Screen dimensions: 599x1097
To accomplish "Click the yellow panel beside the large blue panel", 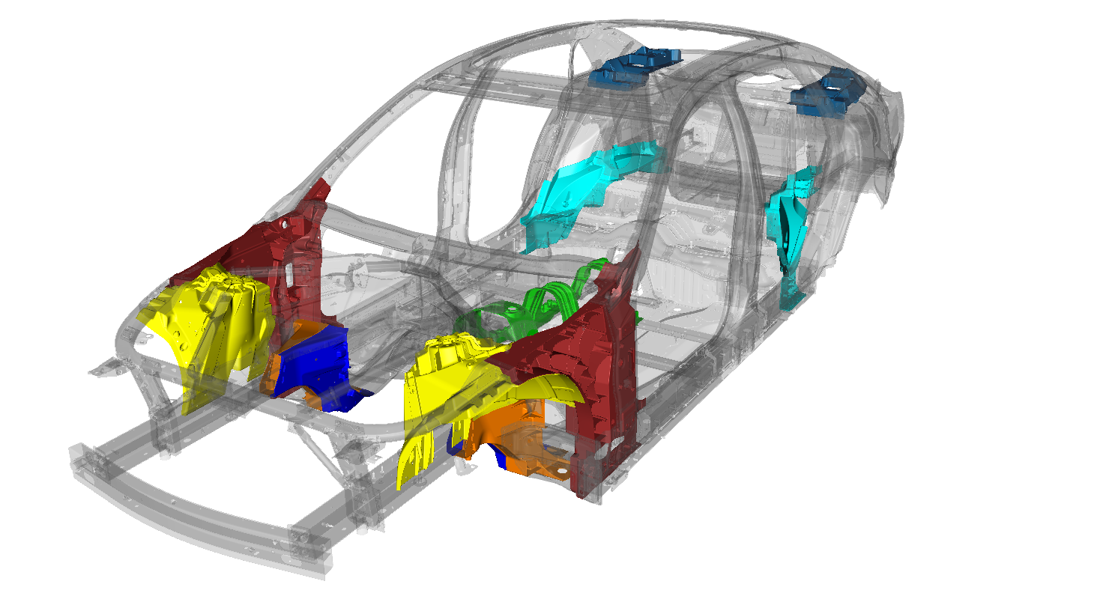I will tap(214, 322).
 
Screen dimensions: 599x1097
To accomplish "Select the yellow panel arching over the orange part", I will tap(450, 382).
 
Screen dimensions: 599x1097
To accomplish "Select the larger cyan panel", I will tap(592, 187).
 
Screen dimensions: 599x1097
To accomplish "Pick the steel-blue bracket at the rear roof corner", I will tap(828, 90).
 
